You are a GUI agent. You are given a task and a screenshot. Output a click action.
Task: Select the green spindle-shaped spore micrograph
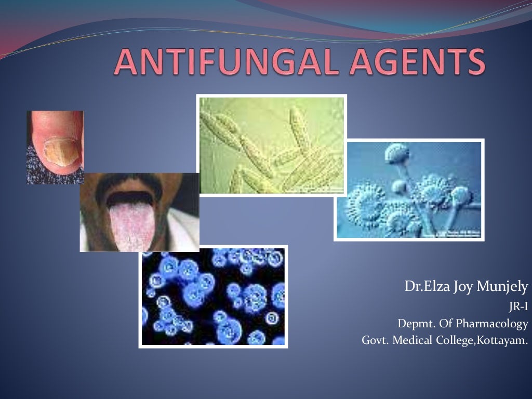[271, 145]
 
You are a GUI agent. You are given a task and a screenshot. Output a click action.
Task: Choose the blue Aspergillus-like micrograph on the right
[409, 190]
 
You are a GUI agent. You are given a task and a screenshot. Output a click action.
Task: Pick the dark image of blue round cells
[213, 296]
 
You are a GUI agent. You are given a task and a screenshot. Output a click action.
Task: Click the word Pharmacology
[492, 324]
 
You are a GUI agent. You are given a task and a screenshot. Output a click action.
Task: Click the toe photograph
[55, 147]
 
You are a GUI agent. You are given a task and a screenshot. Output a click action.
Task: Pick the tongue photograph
[139, 212]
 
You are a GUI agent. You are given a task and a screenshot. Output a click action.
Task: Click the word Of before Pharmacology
[446, 324]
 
